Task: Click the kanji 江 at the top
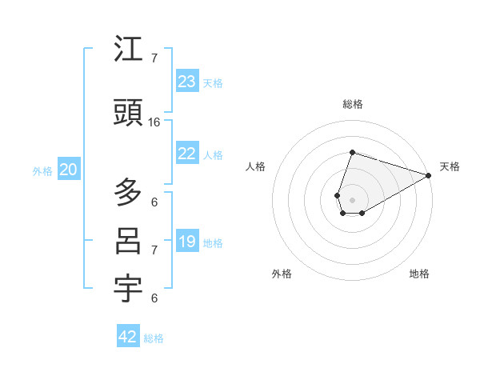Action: (x=128, y=50)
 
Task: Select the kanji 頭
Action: (x=128, y=114)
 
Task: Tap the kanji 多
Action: (x=128, y=192)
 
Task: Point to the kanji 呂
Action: (x=128, y=241)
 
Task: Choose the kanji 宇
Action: (x=128, y=289)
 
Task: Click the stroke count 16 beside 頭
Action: (x=154, y=122)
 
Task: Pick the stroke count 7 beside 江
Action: (x=154, y=58)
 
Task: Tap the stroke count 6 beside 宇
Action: (x=154, y=298)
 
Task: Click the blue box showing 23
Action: (x=187, y=82)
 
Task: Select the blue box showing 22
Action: (x=187, y=154)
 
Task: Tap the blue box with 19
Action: (x=187, y=242)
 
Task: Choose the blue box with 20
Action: (x=69, y=170)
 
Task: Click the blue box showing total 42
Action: (x=128, y=337)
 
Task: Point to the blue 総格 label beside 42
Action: (x=154, y=338)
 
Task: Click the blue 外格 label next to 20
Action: (x=42, y=171)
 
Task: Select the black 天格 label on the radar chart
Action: (x=450, y=166)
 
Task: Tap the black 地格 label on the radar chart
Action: (x=419, y=274)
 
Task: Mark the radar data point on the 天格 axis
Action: (x=429, y=175)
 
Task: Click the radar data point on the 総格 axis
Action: (x=352, y=153)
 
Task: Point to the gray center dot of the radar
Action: (x=352, y=200)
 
